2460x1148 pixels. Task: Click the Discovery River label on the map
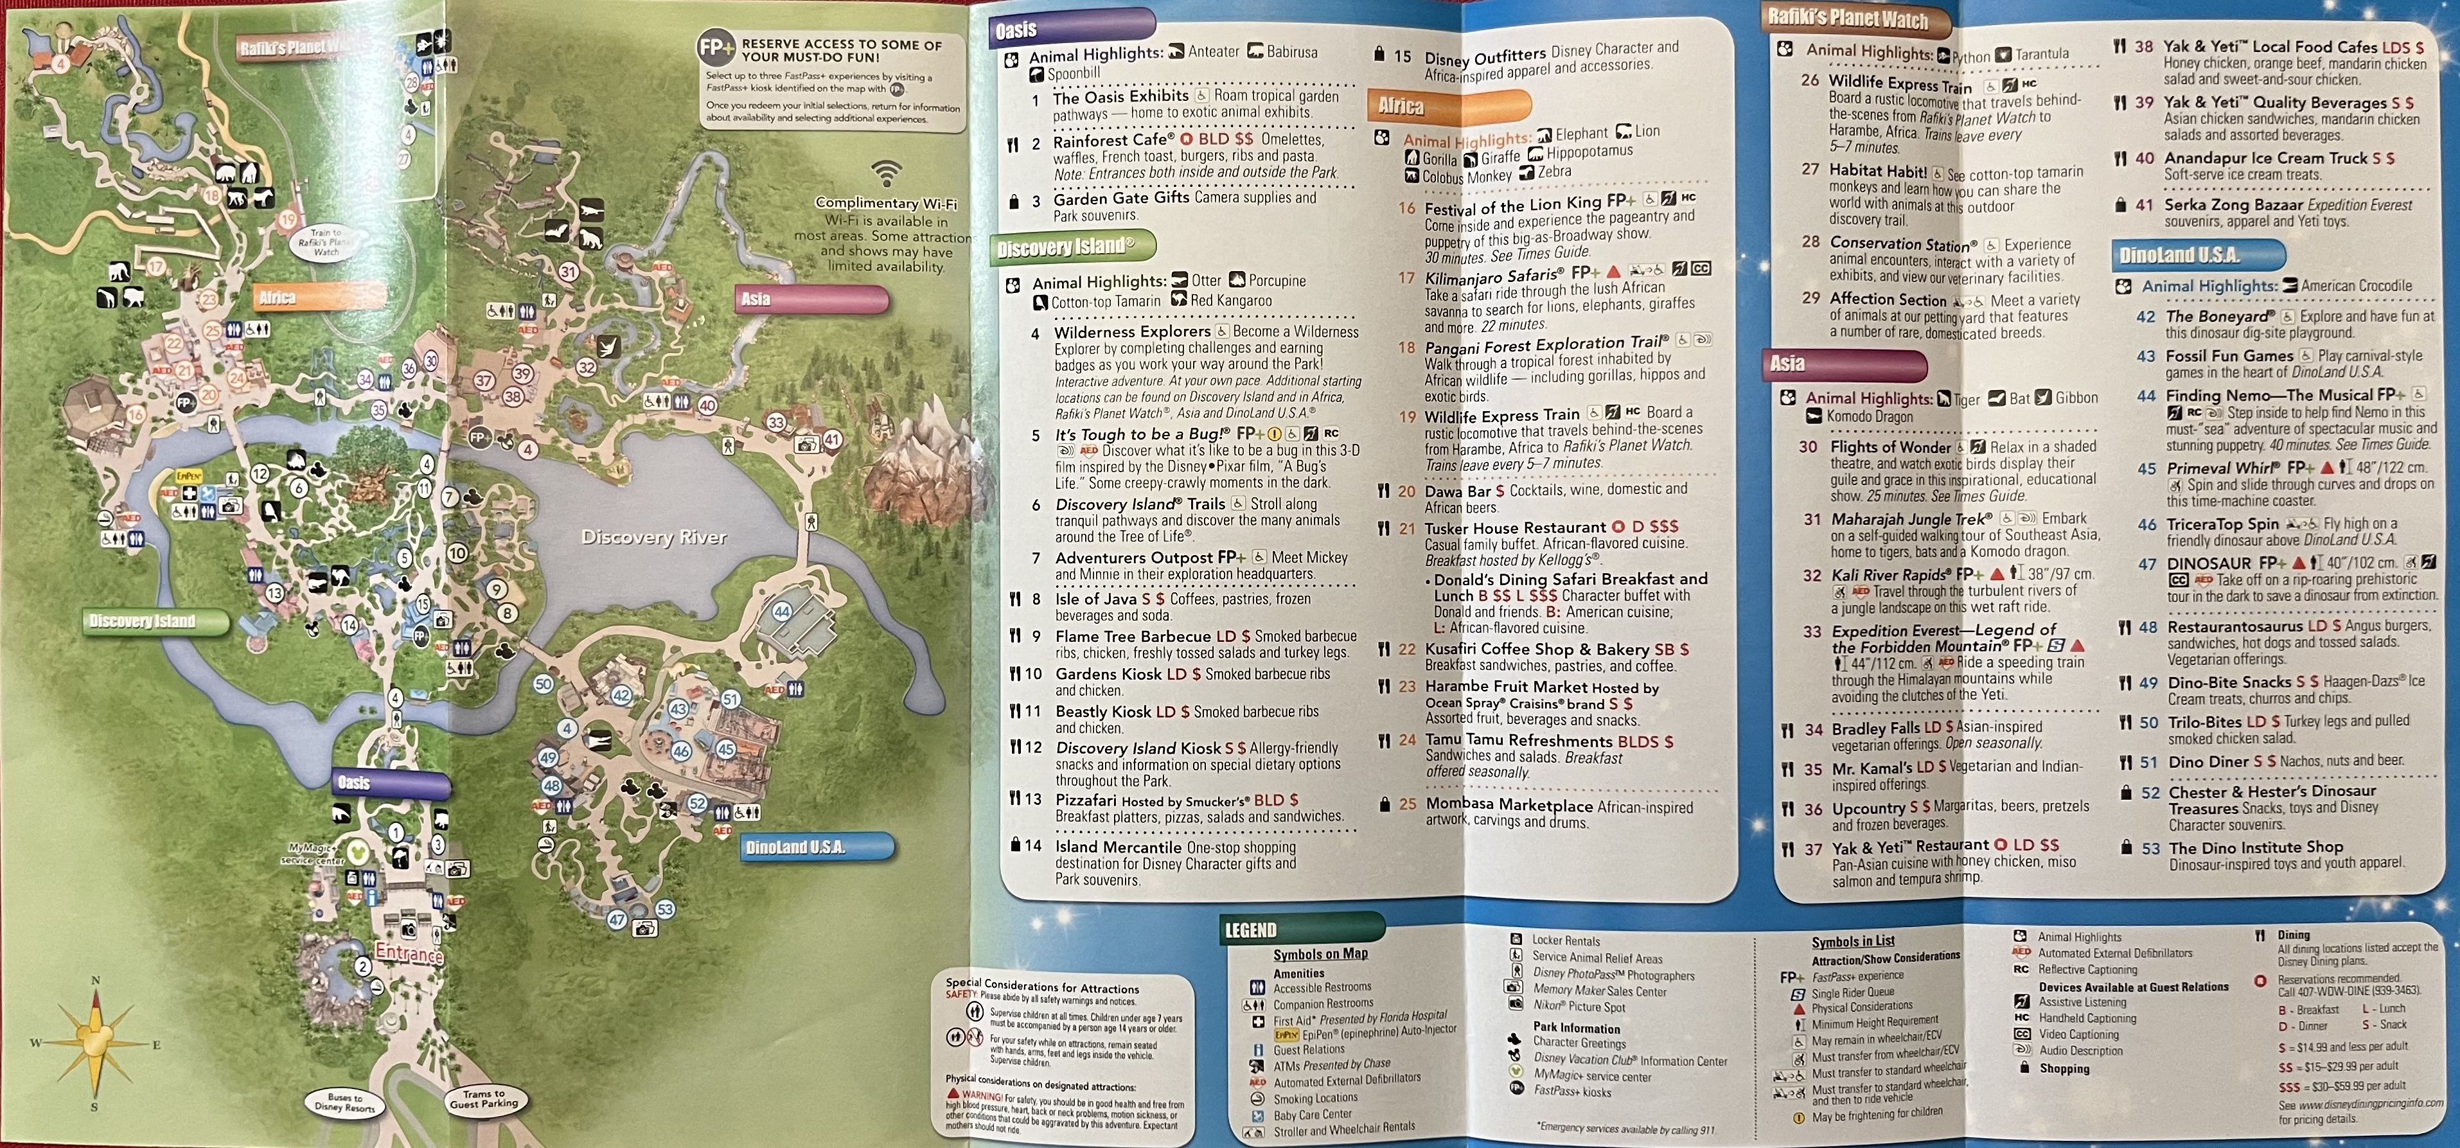[x=654, y=538]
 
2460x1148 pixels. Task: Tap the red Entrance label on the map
[x=409, y=953]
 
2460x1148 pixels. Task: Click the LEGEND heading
[x=1250, y=930]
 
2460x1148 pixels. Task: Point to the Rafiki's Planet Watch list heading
[x=1848, y=17]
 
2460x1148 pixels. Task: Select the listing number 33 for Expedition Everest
[x=1812, y=631]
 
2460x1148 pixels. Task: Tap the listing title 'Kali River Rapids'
[x=1889, y=575]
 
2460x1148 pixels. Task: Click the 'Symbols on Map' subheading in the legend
[x=1320, y=954]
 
